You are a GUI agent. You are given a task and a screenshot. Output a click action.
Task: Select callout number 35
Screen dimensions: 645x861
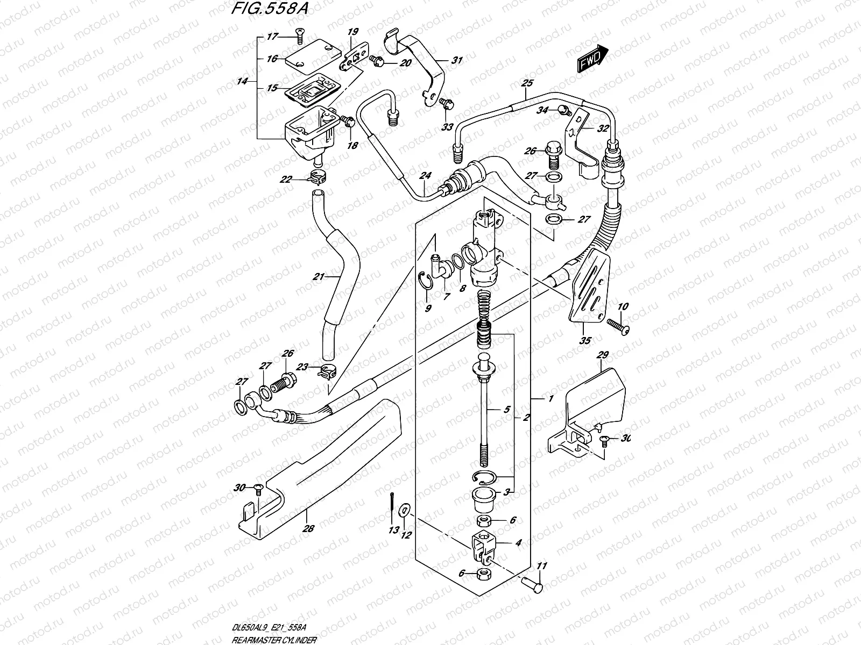[x=585, y=340]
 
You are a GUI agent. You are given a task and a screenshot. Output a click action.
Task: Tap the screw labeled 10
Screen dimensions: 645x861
[x=618, y=326]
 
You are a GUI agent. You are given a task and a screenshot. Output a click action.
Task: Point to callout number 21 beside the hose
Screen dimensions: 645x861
[x=319, y=277]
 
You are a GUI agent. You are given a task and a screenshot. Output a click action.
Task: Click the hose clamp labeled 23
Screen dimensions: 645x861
[x=327, y=370]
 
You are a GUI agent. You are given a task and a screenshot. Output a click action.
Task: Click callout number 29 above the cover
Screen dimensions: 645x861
[x=602, y=355]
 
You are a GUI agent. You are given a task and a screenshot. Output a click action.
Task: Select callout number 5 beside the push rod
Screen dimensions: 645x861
[x=506, y=408]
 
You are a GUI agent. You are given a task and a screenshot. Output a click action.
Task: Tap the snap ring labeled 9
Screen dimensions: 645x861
[x=425, y=282]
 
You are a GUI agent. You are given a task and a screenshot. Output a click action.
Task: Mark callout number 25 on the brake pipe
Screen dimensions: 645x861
[x=527, y=83]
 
